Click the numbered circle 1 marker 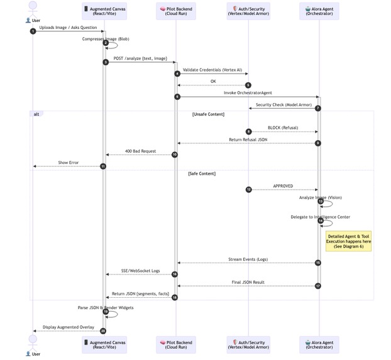33,31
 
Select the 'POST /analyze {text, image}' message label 140,58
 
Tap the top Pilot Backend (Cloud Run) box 175,10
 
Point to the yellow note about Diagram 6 348,241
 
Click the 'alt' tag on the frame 36,114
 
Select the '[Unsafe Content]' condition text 208,114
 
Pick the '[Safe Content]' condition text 202,173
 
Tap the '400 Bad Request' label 140,151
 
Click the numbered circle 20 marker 103,330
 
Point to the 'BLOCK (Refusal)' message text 283,128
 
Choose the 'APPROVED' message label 283,186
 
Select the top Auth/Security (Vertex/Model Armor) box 248,10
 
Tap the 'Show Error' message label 69,163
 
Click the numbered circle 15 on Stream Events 318,263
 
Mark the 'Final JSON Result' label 248,282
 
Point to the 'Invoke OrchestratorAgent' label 248,93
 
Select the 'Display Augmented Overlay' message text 69,327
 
